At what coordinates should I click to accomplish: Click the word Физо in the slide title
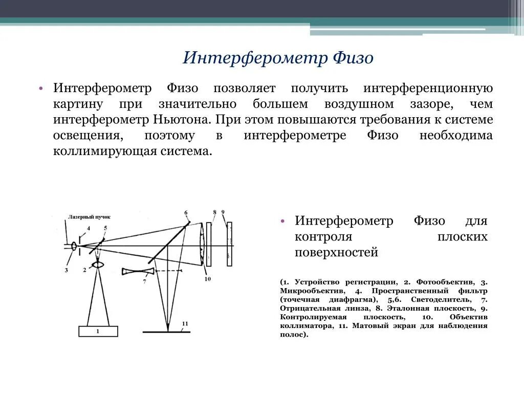click(x=353, y=58)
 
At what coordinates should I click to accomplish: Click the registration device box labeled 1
click(x=98, y=331)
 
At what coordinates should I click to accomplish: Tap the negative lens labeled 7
click(x=138, y=271)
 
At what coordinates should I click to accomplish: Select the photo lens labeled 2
click(x=97, y=265)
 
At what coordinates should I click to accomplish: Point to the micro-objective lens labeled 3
click(x=75, y=246)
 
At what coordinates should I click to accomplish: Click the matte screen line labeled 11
click(x=166, y=333)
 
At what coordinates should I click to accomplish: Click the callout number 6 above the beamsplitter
click(x=185, y=213)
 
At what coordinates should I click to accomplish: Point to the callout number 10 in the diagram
click(x=207, y=279)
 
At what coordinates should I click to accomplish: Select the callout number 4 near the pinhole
click(x=88, y=228)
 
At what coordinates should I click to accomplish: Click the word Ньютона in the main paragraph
click(x=182, y=120)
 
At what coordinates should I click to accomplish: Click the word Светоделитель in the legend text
click(x=439, y=300)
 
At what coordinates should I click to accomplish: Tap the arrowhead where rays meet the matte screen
click(x=167, y=327)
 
